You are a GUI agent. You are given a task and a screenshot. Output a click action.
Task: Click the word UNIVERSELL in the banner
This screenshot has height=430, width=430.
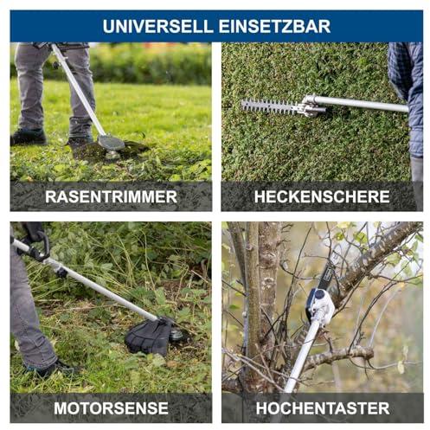[157, 26]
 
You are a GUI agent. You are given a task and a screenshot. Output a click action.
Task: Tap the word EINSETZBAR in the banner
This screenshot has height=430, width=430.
[274, 26]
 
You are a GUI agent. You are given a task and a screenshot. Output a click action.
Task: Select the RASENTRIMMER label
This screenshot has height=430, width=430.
[111, 196]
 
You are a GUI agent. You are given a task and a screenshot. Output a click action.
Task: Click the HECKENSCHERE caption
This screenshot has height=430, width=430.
[322, 196]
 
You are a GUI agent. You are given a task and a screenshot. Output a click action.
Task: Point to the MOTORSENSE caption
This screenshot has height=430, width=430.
[111, 408]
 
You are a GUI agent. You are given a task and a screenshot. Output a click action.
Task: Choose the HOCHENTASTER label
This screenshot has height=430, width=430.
[323, 408]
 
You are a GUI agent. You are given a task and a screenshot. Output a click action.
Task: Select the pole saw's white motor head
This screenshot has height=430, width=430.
[320, 306]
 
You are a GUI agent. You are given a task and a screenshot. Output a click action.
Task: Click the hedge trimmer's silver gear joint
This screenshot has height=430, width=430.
[311, 106]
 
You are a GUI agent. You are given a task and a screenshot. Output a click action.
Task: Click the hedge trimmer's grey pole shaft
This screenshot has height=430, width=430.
[361, 103]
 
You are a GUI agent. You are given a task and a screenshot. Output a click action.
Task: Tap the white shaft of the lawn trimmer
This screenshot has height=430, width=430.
[78, 89]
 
